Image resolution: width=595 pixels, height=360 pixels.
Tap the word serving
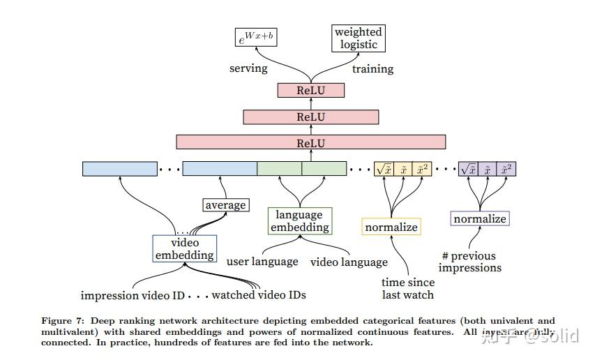pos(248,68)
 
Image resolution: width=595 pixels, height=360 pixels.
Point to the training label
pos(372,68)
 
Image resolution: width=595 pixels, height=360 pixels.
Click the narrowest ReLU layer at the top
pos(310,90)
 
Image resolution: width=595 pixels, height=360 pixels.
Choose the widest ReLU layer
pos(310,142)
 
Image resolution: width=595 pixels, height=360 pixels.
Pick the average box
pos(225,204)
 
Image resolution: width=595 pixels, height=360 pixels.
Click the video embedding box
pos(184,248)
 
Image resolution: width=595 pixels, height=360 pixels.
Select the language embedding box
pos(299,220)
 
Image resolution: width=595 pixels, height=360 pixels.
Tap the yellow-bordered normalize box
pos(391,227)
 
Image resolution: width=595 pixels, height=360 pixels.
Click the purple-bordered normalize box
pos(479,218)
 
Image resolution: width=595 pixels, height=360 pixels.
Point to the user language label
pos(262,262)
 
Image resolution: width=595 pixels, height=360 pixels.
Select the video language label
pos(349,262)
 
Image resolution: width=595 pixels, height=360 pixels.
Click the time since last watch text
pos(408,288)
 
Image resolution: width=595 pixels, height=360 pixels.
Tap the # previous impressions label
pos(472,262)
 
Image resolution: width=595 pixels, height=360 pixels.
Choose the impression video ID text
pos(133,295)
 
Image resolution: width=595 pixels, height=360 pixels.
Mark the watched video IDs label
pos(259,295)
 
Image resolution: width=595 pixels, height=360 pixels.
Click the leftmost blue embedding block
pos(119,168)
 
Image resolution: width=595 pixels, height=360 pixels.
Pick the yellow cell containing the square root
pos(383,169)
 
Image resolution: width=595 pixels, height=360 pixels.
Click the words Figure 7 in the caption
pos(63,321)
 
